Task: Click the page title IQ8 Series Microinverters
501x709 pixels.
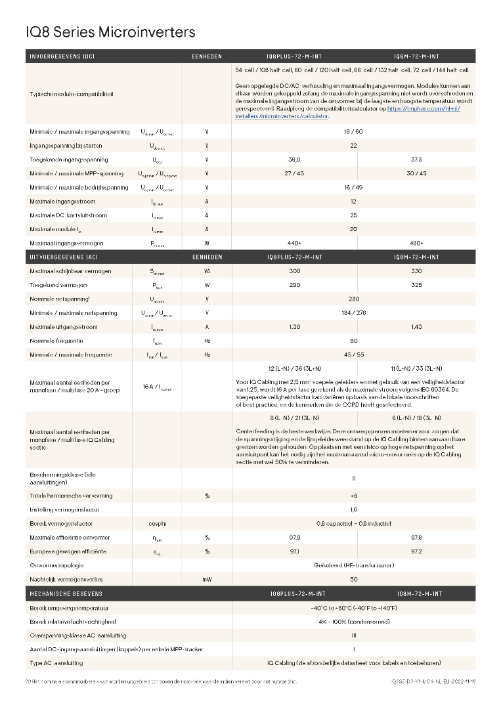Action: click(x=110, y=32)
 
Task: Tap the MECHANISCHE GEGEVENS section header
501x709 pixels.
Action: click(x=66, y=593)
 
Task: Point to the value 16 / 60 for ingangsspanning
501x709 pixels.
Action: click(x=353, y=131)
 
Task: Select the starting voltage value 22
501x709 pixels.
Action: click(x=353, y=146)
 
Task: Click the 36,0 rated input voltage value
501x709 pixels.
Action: click(x=294, y=160)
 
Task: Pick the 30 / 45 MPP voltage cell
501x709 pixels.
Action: click(x=416, y=173)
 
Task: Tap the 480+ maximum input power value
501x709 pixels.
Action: click(x=416, y=243)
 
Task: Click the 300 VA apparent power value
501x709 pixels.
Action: click(x=294, y=271)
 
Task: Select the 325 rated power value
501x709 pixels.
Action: click(x=416, y=285)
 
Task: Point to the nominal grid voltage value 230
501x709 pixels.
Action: click(x=353, y=299)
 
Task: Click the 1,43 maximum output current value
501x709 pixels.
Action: click(x=416, y=327)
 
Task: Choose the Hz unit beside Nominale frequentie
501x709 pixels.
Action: click(x=207, y=341)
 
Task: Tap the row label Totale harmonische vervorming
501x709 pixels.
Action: click(x=71, y=496)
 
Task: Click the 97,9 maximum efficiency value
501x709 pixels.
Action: click(x=294, y=538)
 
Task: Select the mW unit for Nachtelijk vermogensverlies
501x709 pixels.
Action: click(x=207, y=579)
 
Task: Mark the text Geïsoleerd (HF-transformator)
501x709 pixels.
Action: click(x=353, y=565)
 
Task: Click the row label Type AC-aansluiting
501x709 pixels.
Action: click(x=56, y=663)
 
